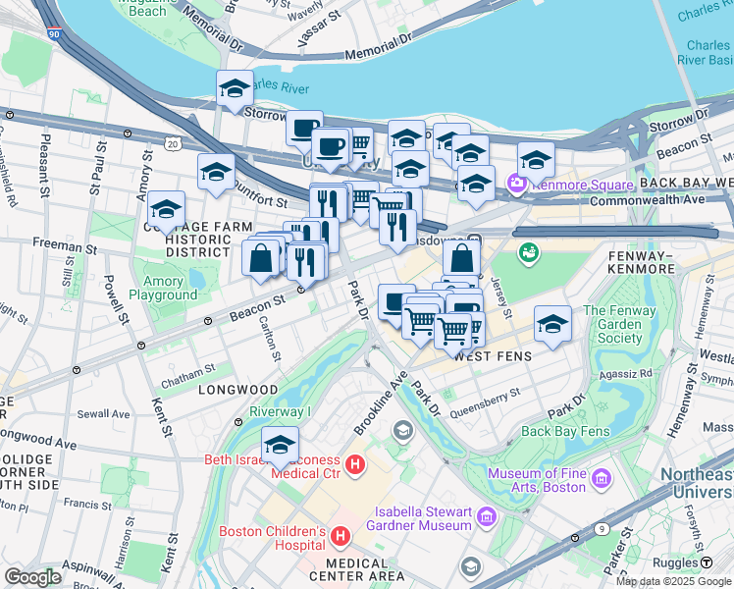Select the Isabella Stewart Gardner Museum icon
tap(484, 515)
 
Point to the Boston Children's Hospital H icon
tap(340, 537)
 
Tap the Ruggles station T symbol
tap(706, 562)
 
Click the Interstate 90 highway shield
tap(52, 33)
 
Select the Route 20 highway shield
tap(173, 144)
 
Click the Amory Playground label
tap(162, 288)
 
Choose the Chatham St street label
tap(187, 369)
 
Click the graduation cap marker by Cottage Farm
tap(167, 211)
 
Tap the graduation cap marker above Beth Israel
tap(281, 445)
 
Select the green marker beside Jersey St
tap(529, 253)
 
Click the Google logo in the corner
tap(32, 576)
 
